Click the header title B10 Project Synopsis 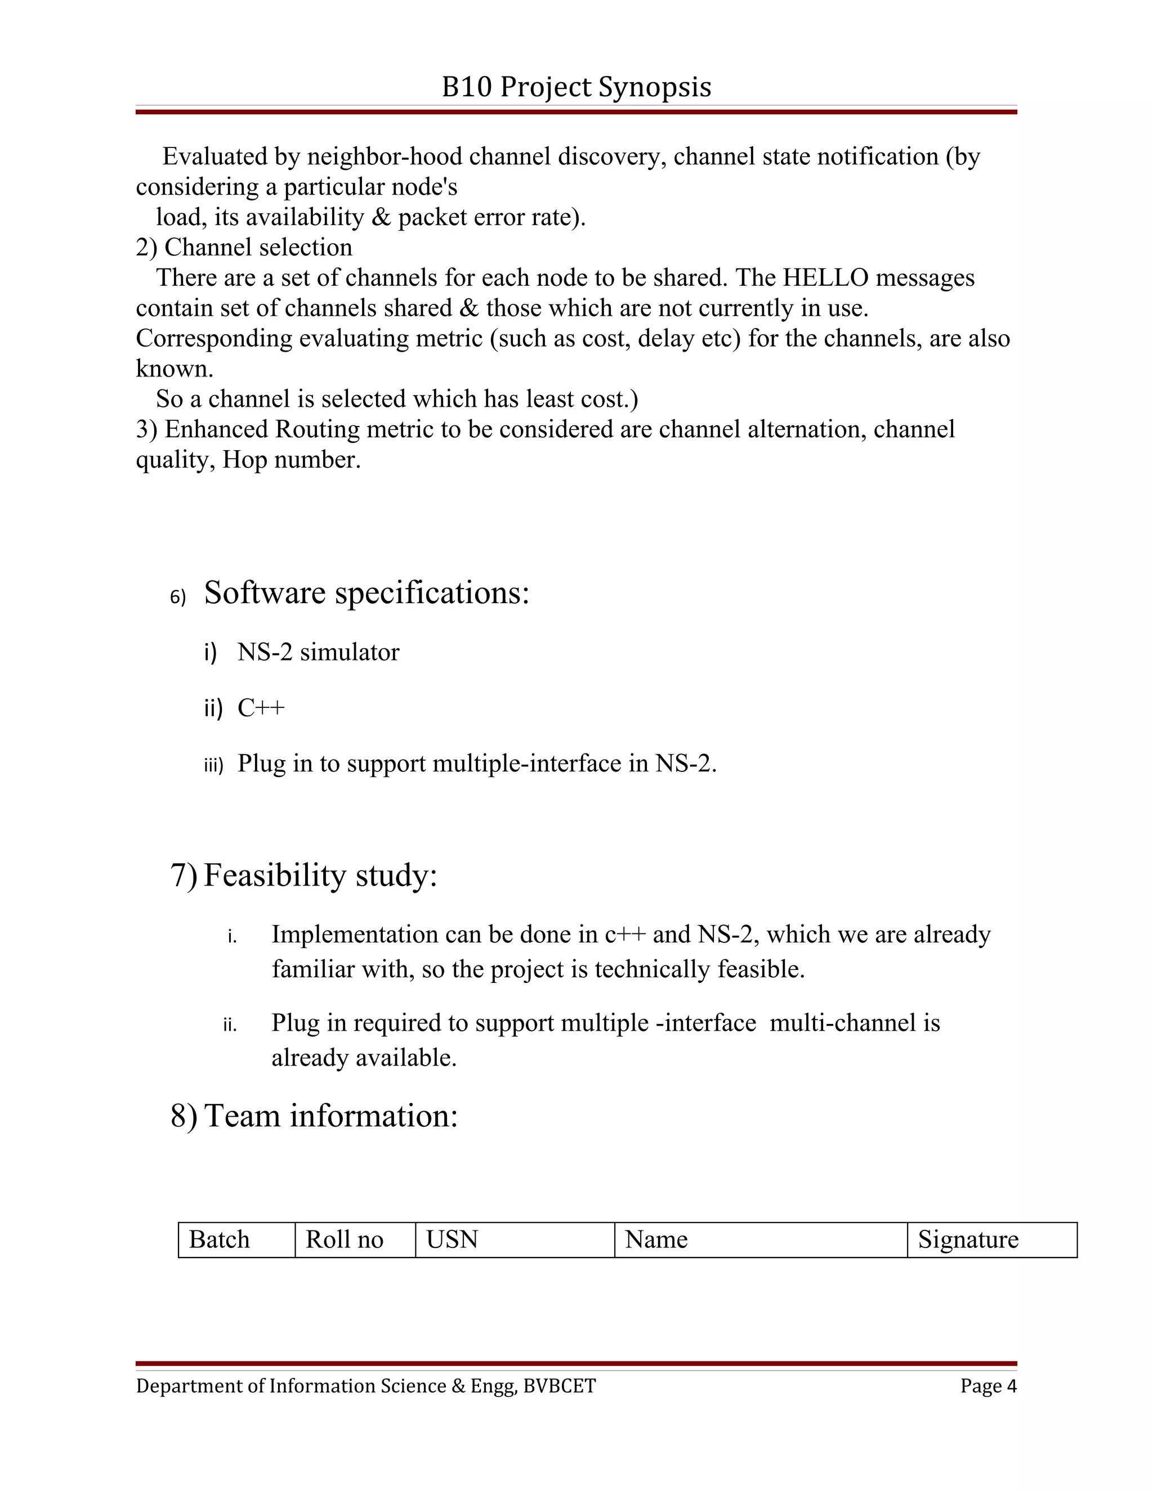[x=576, y=87]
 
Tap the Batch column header [x=219, y=1239]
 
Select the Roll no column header [x=344, y=1239]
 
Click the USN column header [x=452, y=1239]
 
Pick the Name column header [x=656, y=1239]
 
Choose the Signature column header [x=968, y=1239]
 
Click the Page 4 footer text [x=987, y=1386]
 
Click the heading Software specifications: [x=367, y=592]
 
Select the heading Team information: [x=330, y=1116]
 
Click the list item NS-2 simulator [x=318, y=652]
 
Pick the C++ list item [x=261, y=708]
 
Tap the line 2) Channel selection [x=244, y=247]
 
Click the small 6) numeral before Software [x=177, y=598]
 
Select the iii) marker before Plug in [x=213, y=765]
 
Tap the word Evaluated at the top [x=214, y=157]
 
